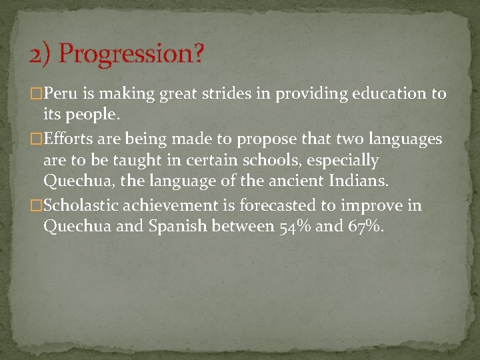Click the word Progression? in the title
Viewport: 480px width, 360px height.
131,54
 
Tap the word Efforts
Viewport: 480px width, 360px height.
69,139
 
